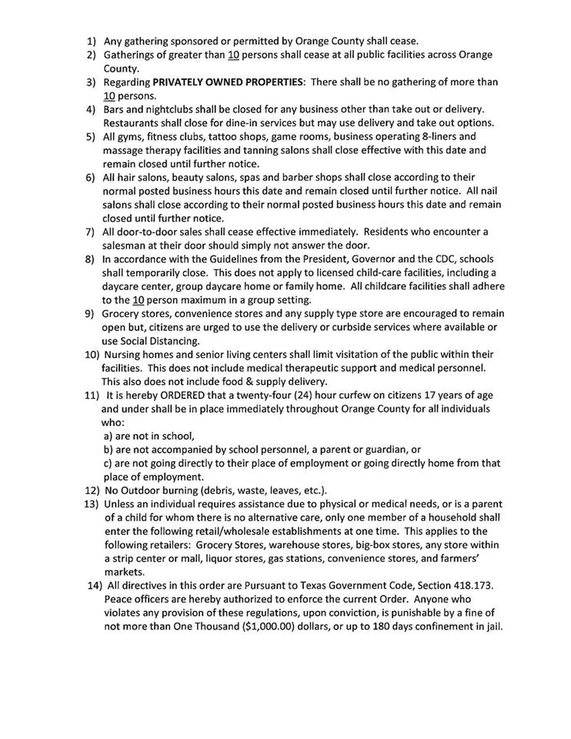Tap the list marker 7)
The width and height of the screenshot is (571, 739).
90,232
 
